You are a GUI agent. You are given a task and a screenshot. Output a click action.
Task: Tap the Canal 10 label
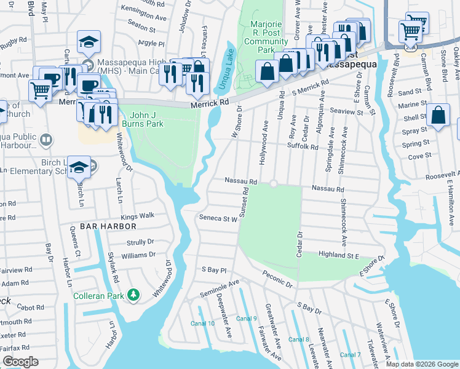click(x=202, y=323)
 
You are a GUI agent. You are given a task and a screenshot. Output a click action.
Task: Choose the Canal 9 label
click(x=246, y=319)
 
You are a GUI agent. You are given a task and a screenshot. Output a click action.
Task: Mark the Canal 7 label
click(x=350, y=355)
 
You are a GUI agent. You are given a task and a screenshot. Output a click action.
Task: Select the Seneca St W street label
click(x=218, y=218)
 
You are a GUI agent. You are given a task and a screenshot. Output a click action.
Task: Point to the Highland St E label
click(x=338, y=255)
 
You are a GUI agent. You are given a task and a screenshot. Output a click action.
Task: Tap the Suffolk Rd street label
click(x=303, y=147)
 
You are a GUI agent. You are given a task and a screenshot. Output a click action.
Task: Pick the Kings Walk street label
click(x=137, y=216)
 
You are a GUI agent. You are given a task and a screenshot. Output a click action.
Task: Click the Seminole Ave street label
click(x=219, y=288)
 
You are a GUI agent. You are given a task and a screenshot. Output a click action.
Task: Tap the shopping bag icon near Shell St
click(x=438, y=115)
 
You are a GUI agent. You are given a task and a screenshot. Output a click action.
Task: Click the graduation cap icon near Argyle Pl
click(x=89, y=42)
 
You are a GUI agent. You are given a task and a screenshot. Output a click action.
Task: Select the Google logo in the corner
click(x=20, y=362)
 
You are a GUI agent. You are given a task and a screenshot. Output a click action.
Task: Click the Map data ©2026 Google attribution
click(x=421, y=364)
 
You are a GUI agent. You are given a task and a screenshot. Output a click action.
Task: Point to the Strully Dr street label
click(x=140, y=242)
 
